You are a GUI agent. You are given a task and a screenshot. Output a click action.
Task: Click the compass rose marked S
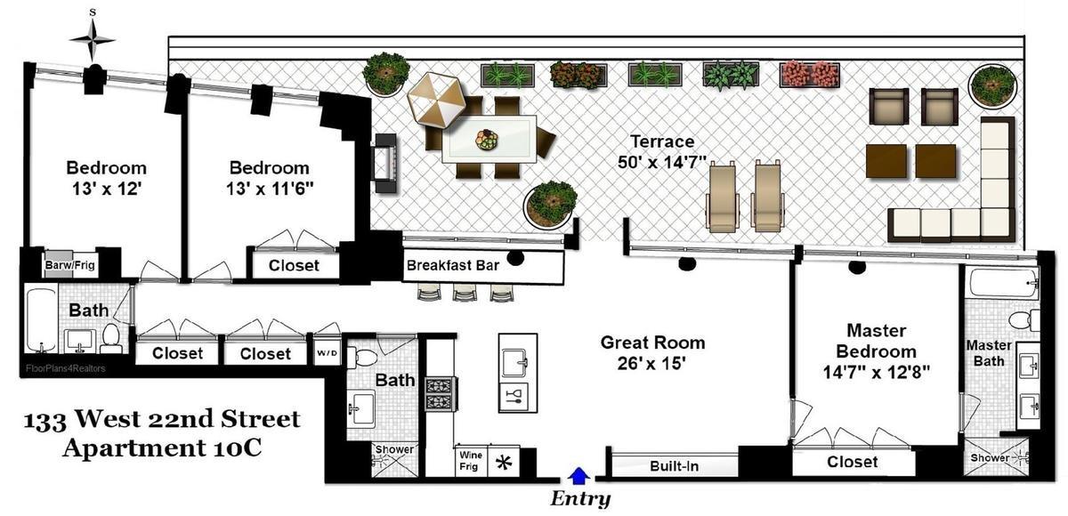click(93, 38)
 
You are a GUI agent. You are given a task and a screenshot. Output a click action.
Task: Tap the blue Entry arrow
click(578, 476)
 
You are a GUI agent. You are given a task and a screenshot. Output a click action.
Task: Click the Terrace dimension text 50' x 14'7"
click(662, 162)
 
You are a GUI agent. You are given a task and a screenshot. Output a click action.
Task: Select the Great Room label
click(652, 343)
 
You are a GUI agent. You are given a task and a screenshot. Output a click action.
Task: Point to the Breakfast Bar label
click(452, 265)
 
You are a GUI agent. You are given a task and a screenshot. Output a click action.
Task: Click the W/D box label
click(328, 353)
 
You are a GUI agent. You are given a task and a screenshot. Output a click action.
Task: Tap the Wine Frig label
click(470, 460)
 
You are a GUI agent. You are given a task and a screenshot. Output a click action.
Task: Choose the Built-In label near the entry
click(673, 465)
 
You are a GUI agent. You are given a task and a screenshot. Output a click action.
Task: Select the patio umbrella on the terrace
click(436, 100)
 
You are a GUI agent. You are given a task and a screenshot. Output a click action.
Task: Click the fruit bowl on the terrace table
click(486, 140)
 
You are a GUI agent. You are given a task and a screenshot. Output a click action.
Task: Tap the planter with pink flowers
click(809, 74)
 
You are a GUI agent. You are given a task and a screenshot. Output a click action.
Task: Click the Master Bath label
click(989, 352)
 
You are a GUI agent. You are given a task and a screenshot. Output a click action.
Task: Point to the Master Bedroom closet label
click(852, 463)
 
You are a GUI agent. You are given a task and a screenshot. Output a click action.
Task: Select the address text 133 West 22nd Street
click(162, 419)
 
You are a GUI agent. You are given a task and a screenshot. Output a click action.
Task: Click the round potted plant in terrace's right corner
click(992, 85)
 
